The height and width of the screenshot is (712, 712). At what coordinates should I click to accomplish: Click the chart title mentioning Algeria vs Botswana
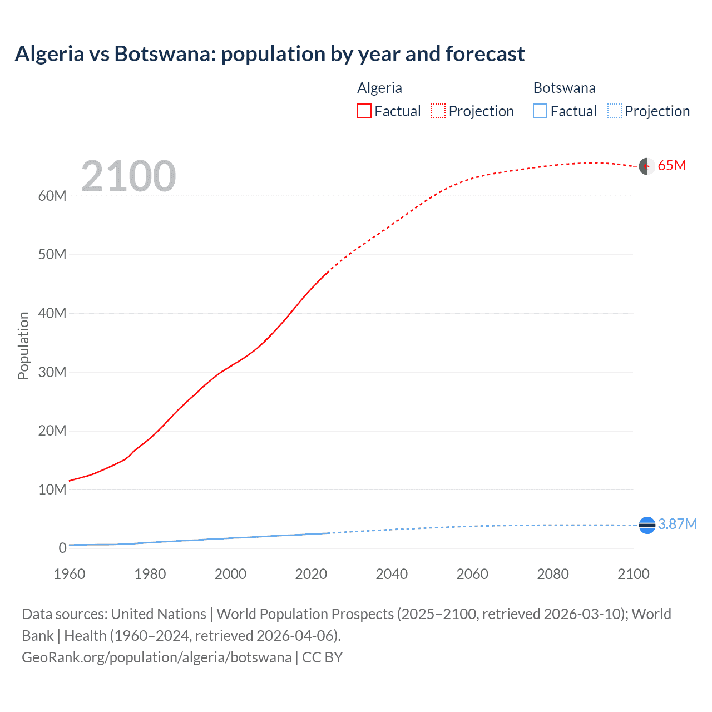pyautogui.click(x=270, y=54)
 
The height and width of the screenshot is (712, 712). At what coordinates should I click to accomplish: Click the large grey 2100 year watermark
pyautogui.click(x=128, y=176)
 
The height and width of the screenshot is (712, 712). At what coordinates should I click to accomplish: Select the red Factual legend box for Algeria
pyautogui.click(x=364, y=111)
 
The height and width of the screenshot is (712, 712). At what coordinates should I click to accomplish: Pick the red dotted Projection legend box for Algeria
pyautogui.click(x=438, y=111)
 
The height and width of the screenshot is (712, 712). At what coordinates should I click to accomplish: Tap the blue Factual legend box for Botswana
pyautogui.click(x=540, y=111)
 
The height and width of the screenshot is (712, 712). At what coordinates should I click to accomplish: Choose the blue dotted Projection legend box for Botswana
pyautogui.click(x=615, y=111)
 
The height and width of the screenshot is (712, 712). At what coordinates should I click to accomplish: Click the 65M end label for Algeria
pyautogui.click(x=672, y=165)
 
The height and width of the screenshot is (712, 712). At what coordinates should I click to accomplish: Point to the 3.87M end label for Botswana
pyautogui.click(x=678, y=524)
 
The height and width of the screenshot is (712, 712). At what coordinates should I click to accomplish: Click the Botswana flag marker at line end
pyautogui.click(x=647, y=525)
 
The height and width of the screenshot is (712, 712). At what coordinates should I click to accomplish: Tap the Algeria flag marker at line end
pyautogui.click(x=646, y=166)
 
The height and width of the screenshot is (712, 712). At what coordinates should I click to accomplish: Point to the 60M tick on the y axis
pyautogui.click(x=52, y=196)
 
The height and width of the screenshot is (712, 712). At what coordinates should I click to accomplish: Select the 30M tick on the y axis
pyautogui.click(x=52, y=372)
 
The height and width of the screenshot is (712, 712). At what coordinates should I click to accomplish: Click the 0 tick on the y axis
pyautogui.click(x=62, y=548)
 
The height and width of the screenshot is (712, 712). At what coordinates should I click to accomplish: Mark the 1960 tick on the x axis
pyautogui.click(x=70, y=574)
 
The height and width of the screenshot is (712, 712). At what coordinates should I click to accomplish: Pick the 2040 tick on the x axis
pyautogui.click(x=392, y=574)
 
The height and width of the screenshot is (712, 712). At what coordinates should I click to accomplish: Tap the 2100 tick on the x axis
pyautogui.click(x=634, y=574)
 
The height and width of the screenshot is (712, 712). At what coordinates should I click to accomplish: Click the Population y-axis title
pyautogui.click(x=23, y=345)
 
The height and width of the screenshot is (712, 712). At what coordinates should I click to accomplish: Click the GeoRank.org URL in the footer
pyautogui.click(x=156, y=657)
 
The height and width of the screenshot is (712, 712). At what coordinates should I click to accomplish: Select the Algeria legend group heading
pyautogui.click(x=379, y=88)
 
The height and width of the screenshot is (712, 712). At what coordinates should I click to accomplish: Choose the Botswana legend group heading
pyautogui.click(x=564, y=88)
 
